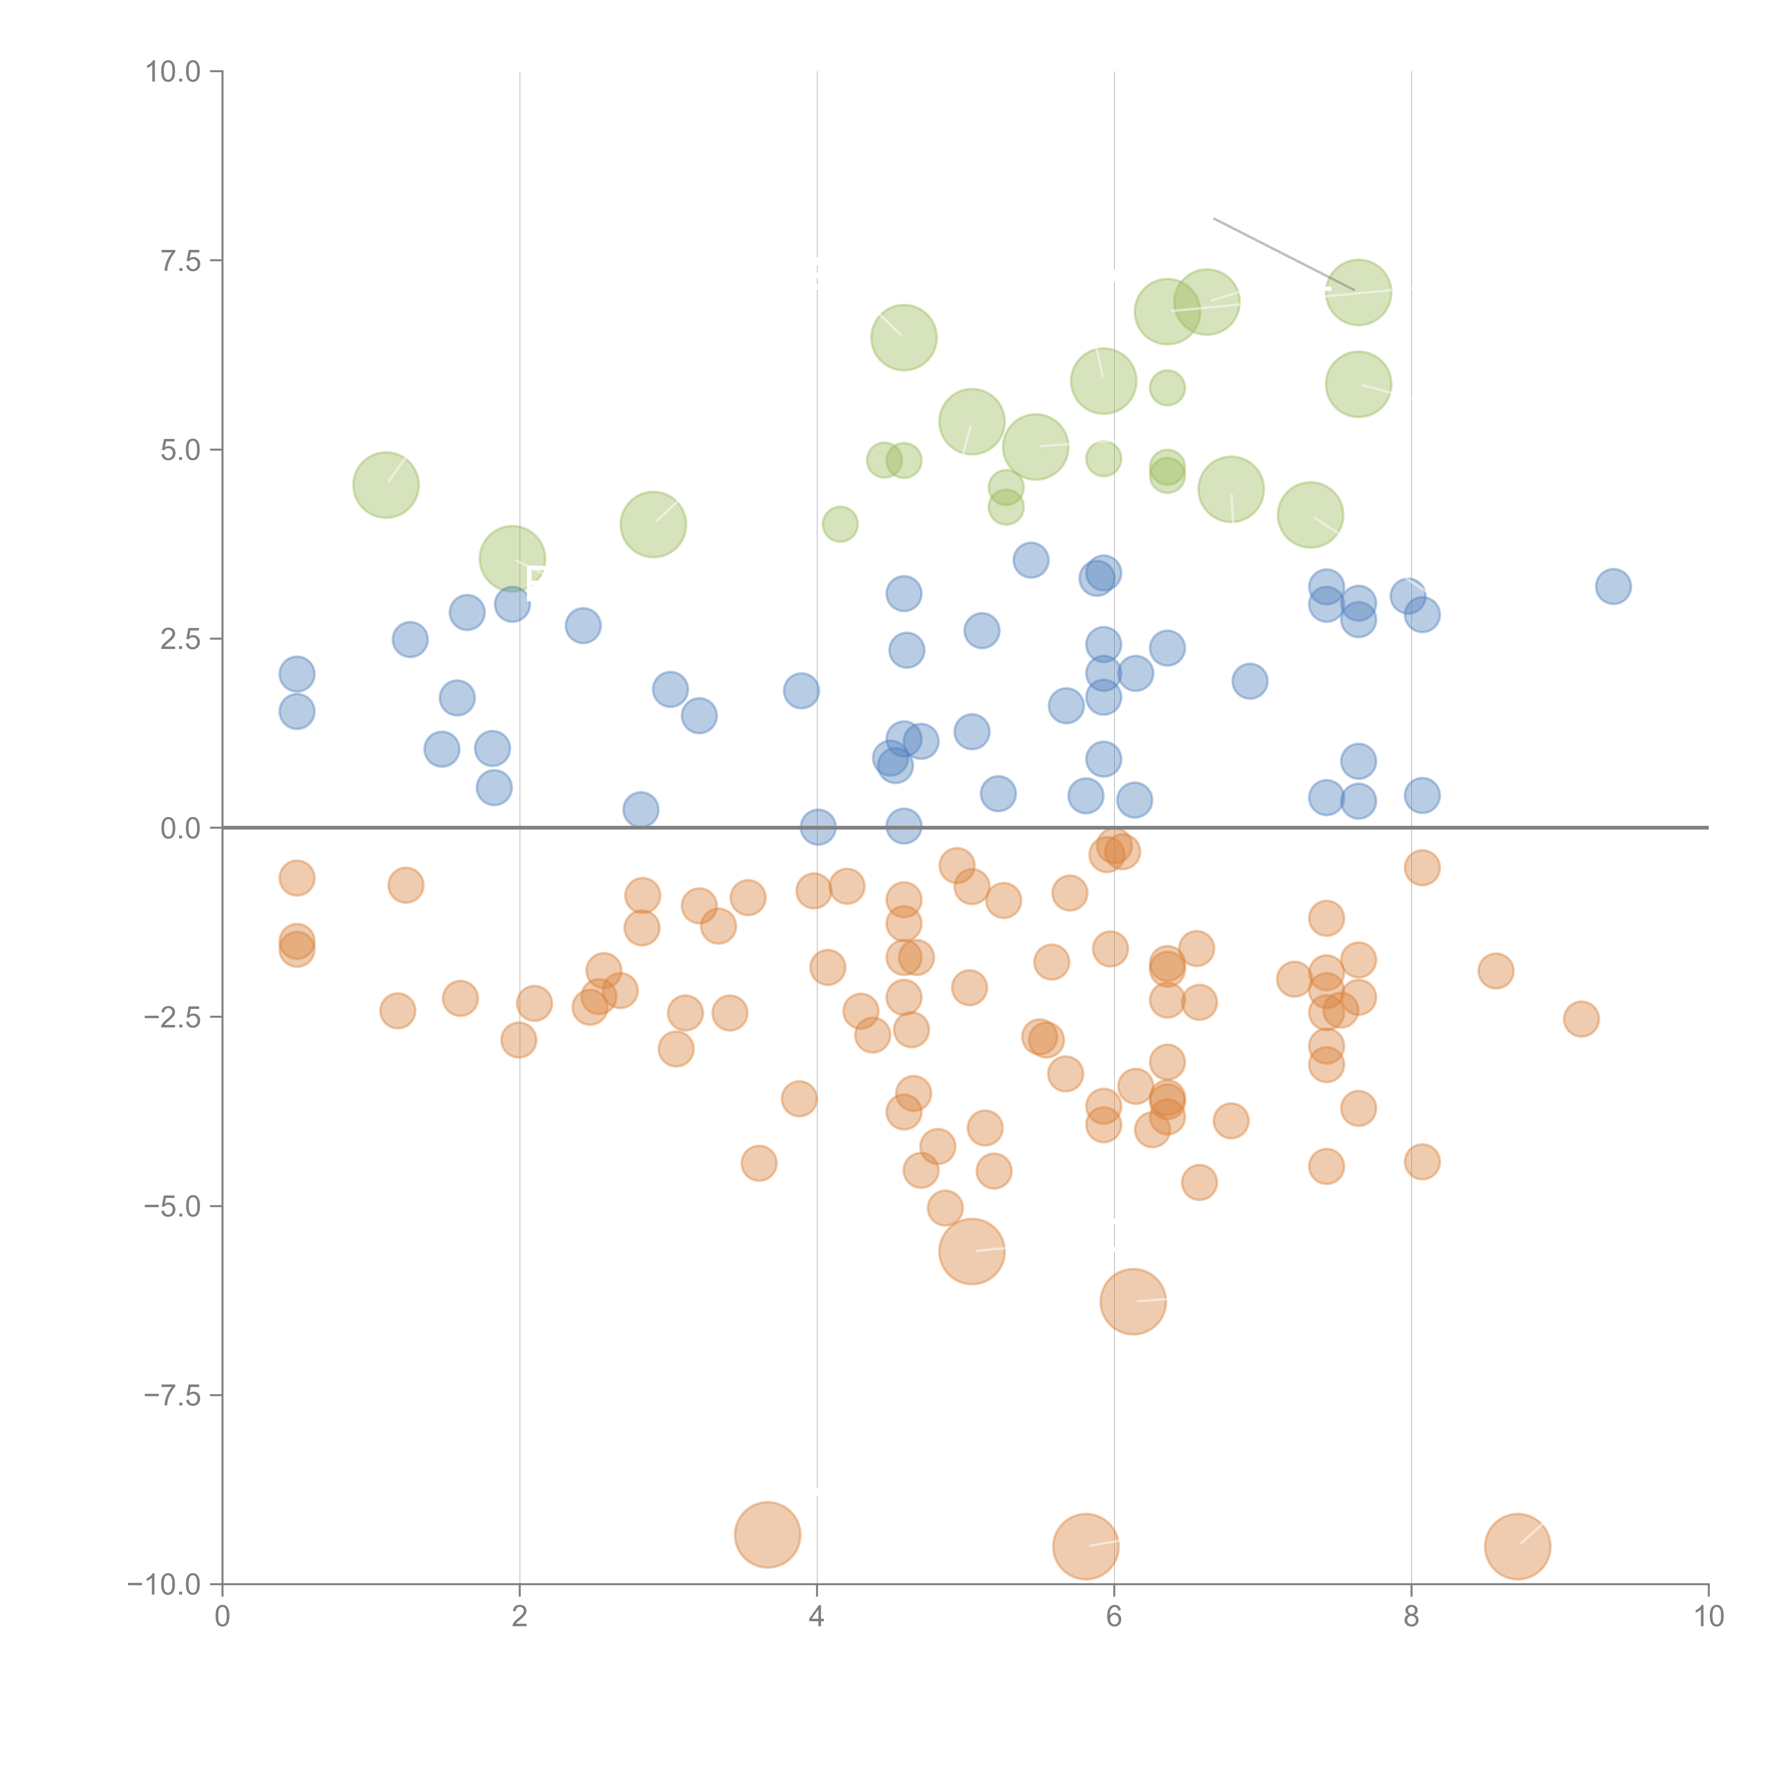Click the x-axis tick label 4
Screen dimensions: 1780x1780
tap(816, 1617)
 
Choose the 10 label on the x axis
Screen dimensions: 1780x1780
tap(1708, 1617)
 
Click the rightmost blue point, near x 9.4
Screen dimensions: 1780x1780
tap(1612, 586)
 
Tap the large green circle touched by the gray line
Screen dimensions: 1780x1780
tap(1358, 293)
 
